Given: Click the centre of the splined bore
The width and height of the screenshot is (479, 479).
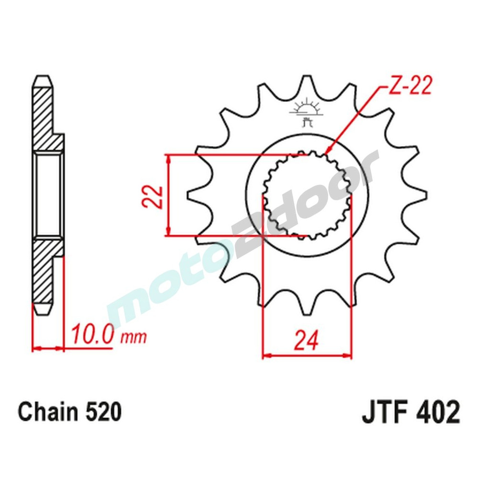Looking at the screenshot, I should point(307,195).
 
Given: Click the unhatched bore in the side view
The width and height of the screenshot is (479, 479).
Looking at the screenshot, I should point(48,195).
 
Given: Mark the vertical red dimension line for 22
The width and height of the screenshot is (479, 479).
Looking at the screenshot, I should point(168,195).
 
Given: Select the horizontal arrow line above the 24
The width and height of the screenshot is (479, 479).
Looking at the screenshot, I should point(307,356).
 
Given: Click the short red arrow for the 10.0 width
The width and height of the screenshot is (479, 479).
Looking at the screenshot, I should point(48,349).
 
